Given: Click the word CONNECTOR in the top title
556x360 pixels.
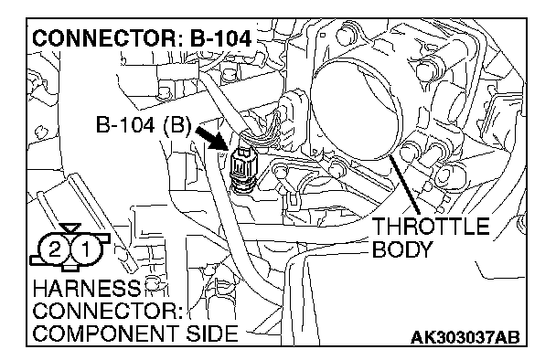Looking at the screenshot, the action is pyautogui.click(x=107, y=38).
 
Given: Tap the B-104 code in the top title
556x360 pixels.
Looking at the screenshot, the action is pyautogui.click(x=220, y=38).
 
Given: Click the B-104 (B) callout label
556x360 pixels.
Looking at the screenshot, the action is pyautogui.click(x=144, y=125).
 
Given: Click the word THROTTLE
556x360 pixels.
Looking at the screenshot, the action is pyautogui.click(x=431, y=226).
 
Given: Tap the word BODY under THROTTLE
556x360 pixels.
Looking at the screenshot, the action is pyautogui.click(x=402, y=249).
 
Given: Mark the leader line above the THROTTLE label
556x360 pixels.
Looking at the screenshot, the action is pyautogui.click(x=403, y=185).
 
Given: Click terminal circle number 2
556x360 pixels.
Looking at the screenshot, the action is pyautogui.click(x=54, y=250).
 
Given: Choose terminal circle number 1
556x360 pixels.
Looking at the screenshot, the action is pyautogui.click(x=86, y=250).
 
